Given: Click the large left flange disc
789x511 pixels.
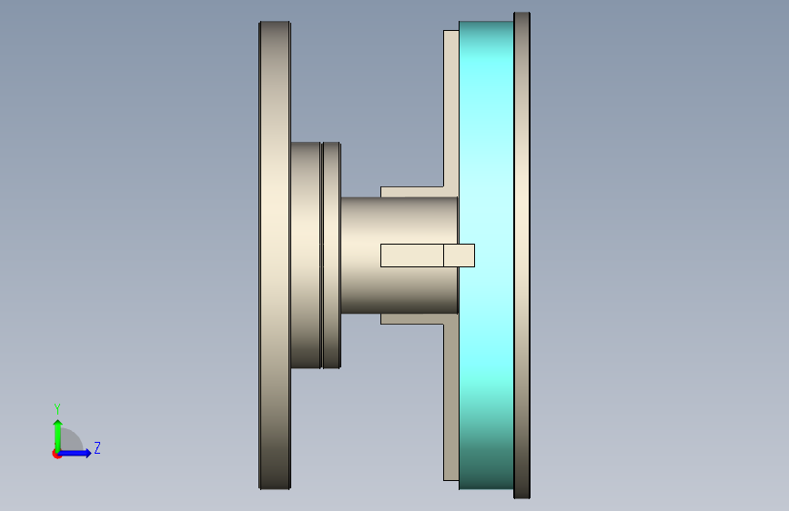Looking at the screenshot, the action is coord(275,255).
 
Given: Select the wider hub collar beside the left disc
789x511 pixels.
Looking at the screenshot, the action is coord(306,255).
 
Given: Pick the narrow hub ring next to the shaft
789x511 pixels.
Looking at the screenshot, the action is coord(331,255).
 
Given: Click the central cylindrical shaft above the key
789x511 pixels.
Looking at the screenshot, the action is coord(399,220).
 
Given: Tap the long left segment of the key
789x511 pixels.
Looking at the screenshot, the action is coord(412,255).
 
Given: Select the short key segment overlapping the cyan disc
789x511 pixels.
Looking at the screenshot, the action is coord(459,255).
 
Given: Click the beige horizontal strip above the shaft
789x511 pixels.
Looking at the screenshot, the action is coord(411,192).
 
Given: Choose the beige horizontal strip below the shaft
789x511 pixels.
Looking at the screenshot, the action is coord(411,319).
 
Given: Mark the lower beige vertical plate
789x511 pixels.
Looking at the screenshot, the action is coord(450,403).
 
